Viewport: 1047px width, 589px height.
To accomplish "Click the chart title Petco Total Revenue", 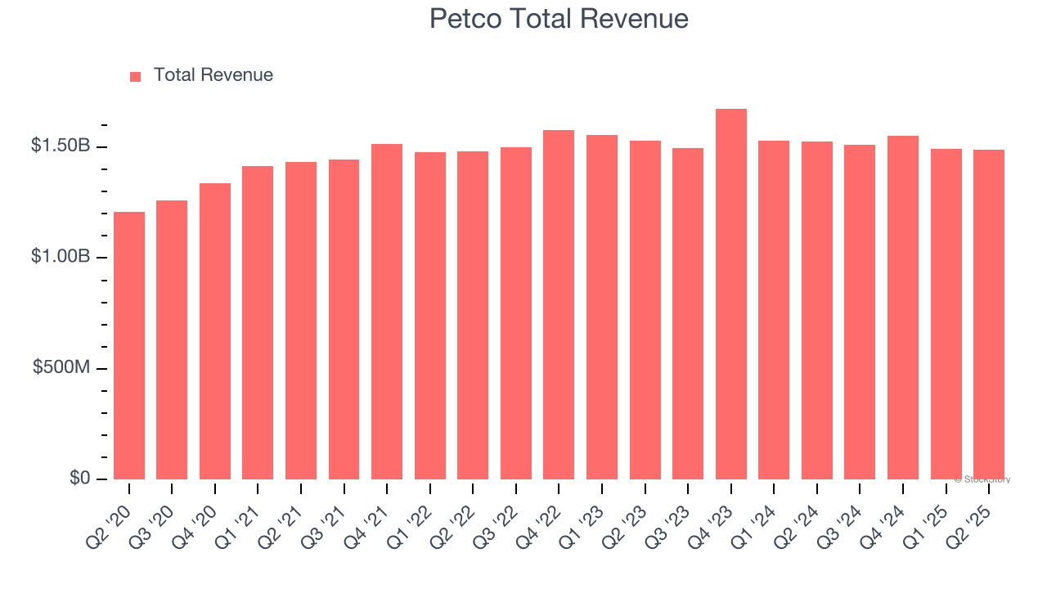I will click(559, 19).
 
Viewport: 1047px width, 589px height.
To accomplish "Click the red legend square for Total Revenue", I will click(136, 76).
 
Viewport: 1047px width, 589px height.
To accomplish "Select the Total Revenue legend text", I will click(213, 75).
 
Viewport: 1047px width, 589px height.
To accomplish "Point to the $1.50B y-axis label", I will click(61, 146).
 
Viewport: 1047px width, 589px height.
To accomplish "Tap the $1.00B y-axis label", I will click(61, 257).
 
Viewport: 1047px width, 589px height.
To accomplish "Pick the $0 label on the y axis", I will click(79, 478).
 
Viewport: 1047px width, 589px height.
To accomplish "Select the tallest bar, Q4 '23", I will click(730, 294).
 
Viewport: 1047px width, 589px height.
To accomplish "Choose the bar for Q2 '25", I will click(988, 314).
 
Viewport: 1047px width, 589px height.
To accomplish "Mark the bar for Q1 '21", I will click(258, 322).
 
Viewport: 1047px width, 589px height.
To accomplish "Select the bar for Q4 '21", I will click(387, 312).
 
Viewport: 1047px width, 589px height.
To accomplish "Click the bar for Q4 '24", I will click(902, 308).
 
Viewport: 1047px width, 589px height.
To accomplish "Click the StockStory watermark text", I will click(982, 479).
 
